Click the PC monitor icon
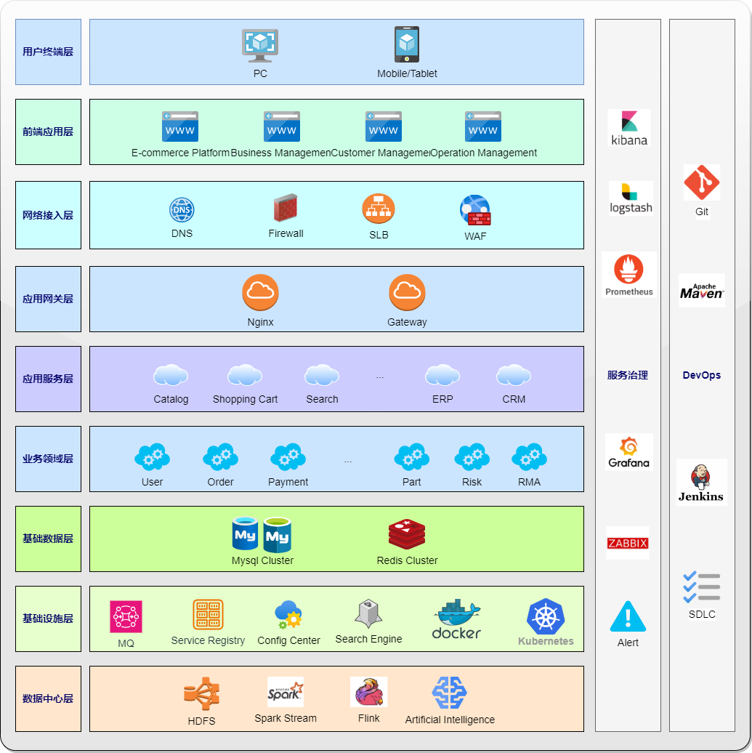coord(260,45)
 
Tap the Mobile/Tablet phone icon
coord(407,44)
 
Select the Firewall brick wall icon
coord(286,209)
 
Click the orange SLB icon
coord(379,209)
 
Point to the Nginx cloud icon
coord(260,292)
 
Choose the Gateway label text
coord(407,322)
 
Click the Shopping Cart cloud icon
coord(245,375)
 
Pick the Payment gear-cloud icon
coord(288,457)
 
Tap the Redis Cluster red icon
coord(407,535)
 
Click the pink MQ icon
coord(126,616)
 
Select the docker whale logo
coord(456,619)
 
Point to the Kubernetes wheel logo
coord(546,617)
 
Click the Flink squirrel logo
coord(368,692)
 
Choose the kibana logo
coord(628,127)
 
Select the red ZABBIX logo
coord(627,543)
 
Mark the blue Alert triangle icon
coord(628,617)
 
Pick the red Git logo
coord(701,182)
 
